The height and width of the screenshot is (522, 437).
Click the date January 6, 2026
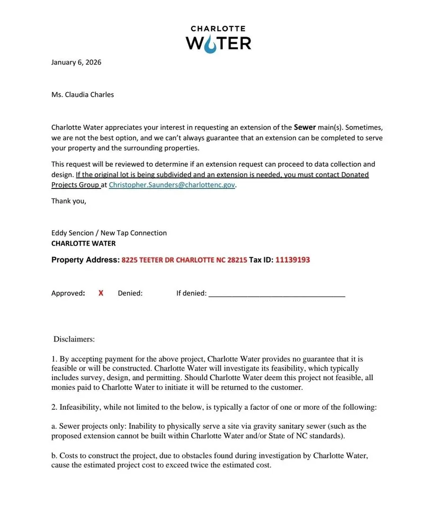tap(76, 62)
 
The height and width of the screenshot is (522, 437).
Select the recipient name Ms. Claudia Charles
tap(83, 95)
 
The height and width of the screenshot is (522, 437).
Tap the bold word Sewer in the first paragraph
tap(305, 127)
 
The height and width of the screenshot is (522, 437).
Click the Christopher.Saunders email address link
tap(172, 185)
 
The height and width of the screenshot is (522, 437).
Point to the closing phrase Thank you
tap(68, 201)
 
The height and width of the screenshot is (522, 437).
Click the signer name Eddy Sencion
tap(72, 233)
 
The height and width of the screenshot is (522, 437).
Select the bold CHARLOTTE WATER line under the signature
tap(83, 244)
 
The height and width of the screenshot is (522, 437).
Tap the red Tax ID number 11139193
tap(292, 260)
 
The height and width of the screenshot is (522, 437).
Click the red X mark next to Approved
tap(101, 293)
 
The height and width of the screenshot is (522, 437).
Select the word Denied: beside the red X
tap(130, 293)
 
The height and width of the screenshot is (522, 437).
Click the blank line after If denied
tap(277, 294)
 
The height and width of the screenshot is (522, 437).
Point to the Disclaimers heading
tap(74, 339)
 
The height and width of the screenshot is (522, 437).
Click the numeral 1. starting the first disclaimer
tap(54, 359)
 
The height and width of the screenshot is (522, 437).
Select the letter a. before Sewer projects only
tap(54, 426)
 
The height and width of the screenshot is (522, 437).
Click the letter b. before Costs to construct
tap(55, 455)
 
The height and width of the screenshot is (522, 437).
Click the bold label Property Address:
tap(85, 260)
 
